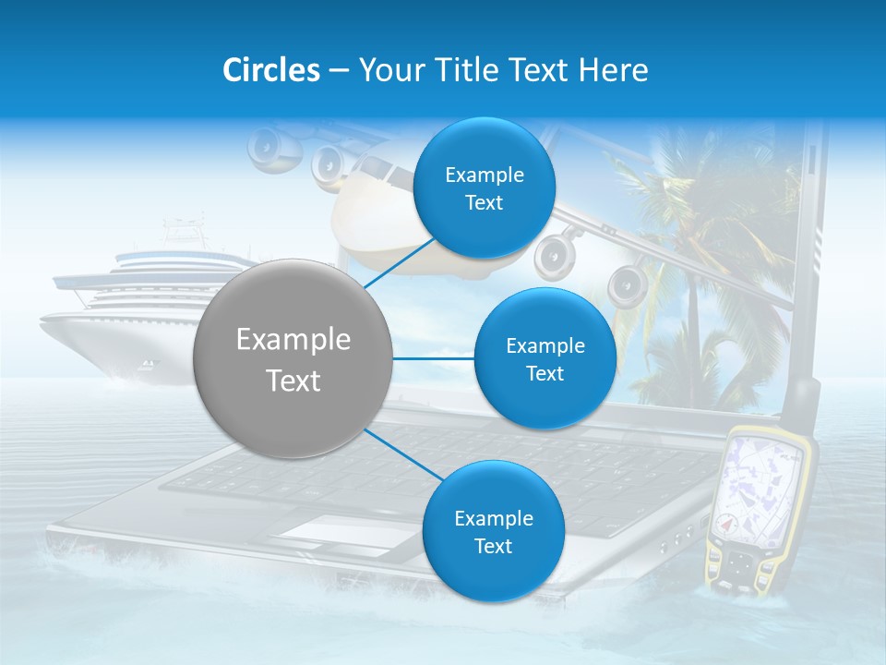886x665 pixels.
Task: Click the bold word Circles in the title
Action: pos(270,70)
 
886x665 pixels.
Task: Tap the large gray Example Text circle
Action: pos(293,358)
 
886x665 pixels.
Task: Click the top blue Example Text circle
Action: pos(484,188)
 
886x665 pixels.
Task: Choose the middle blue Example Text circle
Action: pos(545,359)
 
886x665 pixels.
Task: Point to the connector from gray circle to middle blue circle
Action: pos(433,358)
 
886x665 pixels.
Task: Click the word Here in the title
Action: pos(613,70)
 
